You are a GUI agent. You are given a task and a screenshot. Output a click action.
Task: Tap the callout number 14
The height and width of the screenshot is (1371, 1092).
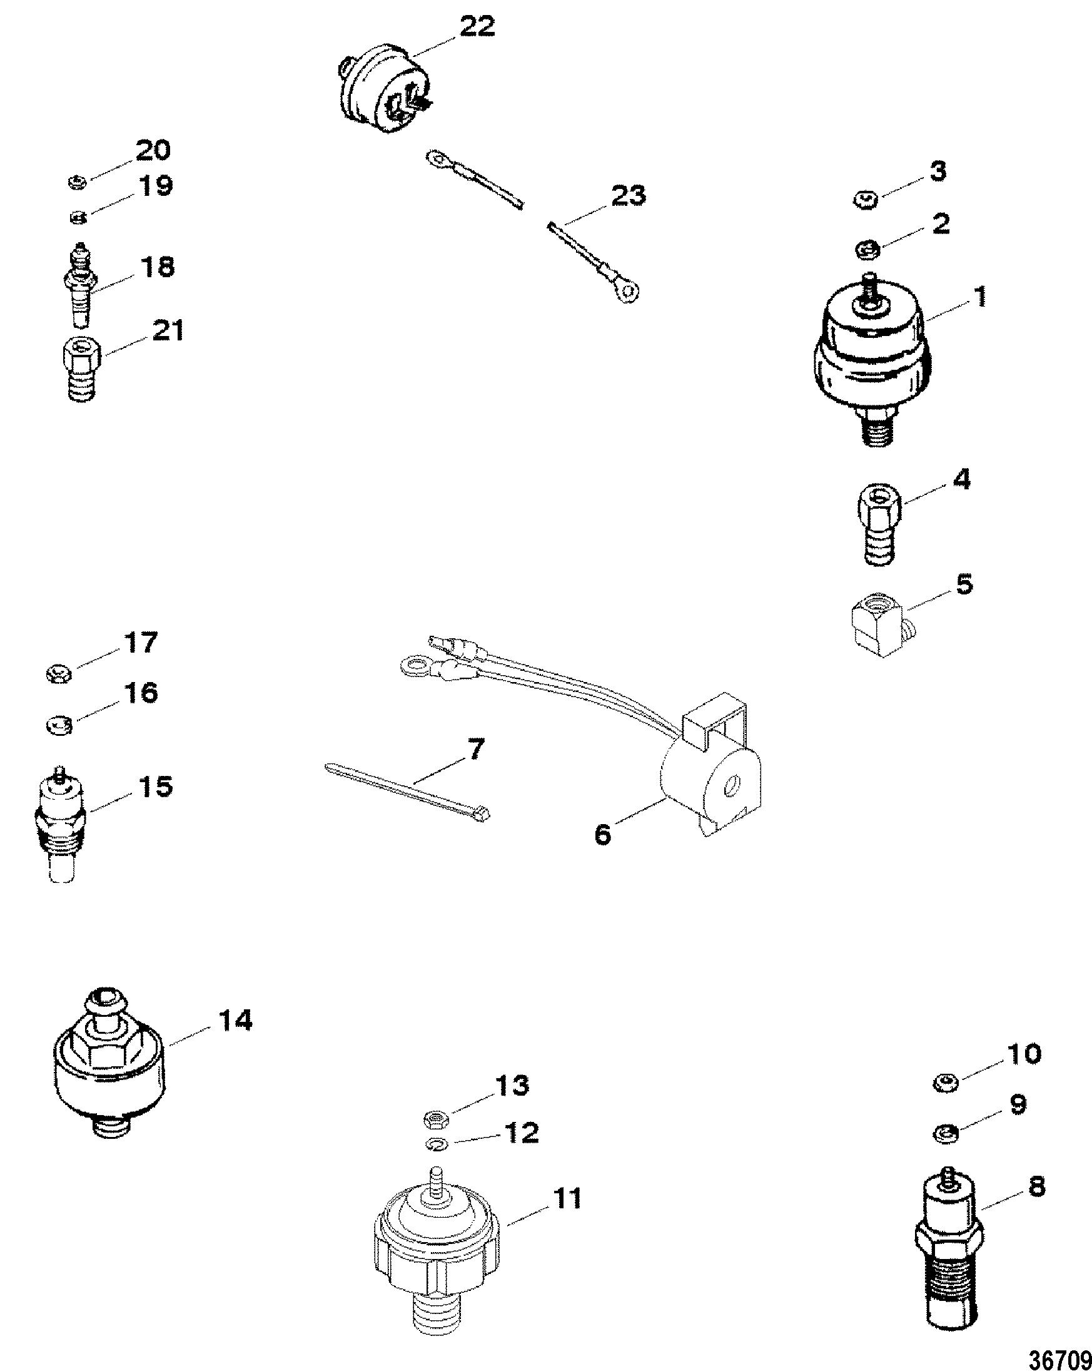235,1021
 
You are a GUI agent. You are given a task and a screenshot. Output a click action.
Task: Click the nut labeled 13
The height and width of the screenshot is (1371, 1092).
436,1118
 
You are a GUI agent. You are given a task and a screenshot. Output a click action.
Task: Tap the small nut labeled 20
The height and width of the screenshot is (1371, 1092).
76,183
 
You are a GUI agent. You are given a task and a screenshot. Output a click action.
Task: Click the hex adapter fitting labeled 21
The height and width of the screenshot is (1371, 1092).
81,367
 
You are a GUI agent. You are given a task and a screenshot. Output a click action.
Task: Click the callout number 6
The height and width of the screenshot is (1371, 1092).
602,833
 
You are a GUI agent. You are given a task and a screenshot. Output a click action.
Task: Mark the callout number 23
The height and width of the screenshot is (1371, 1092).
627,195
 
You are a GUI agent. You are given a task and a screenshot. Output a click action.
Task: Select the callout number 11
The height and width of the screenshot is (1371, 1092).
566,1199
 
